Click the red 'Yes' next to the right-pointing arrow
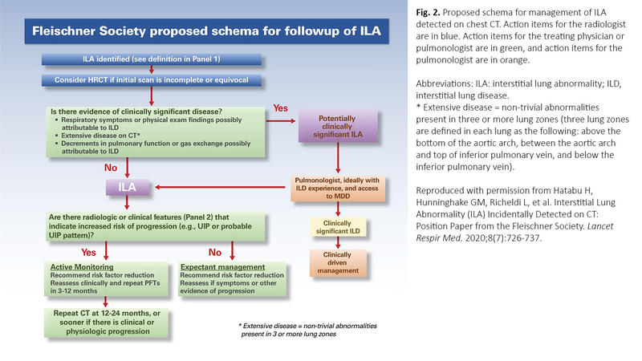281,107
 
